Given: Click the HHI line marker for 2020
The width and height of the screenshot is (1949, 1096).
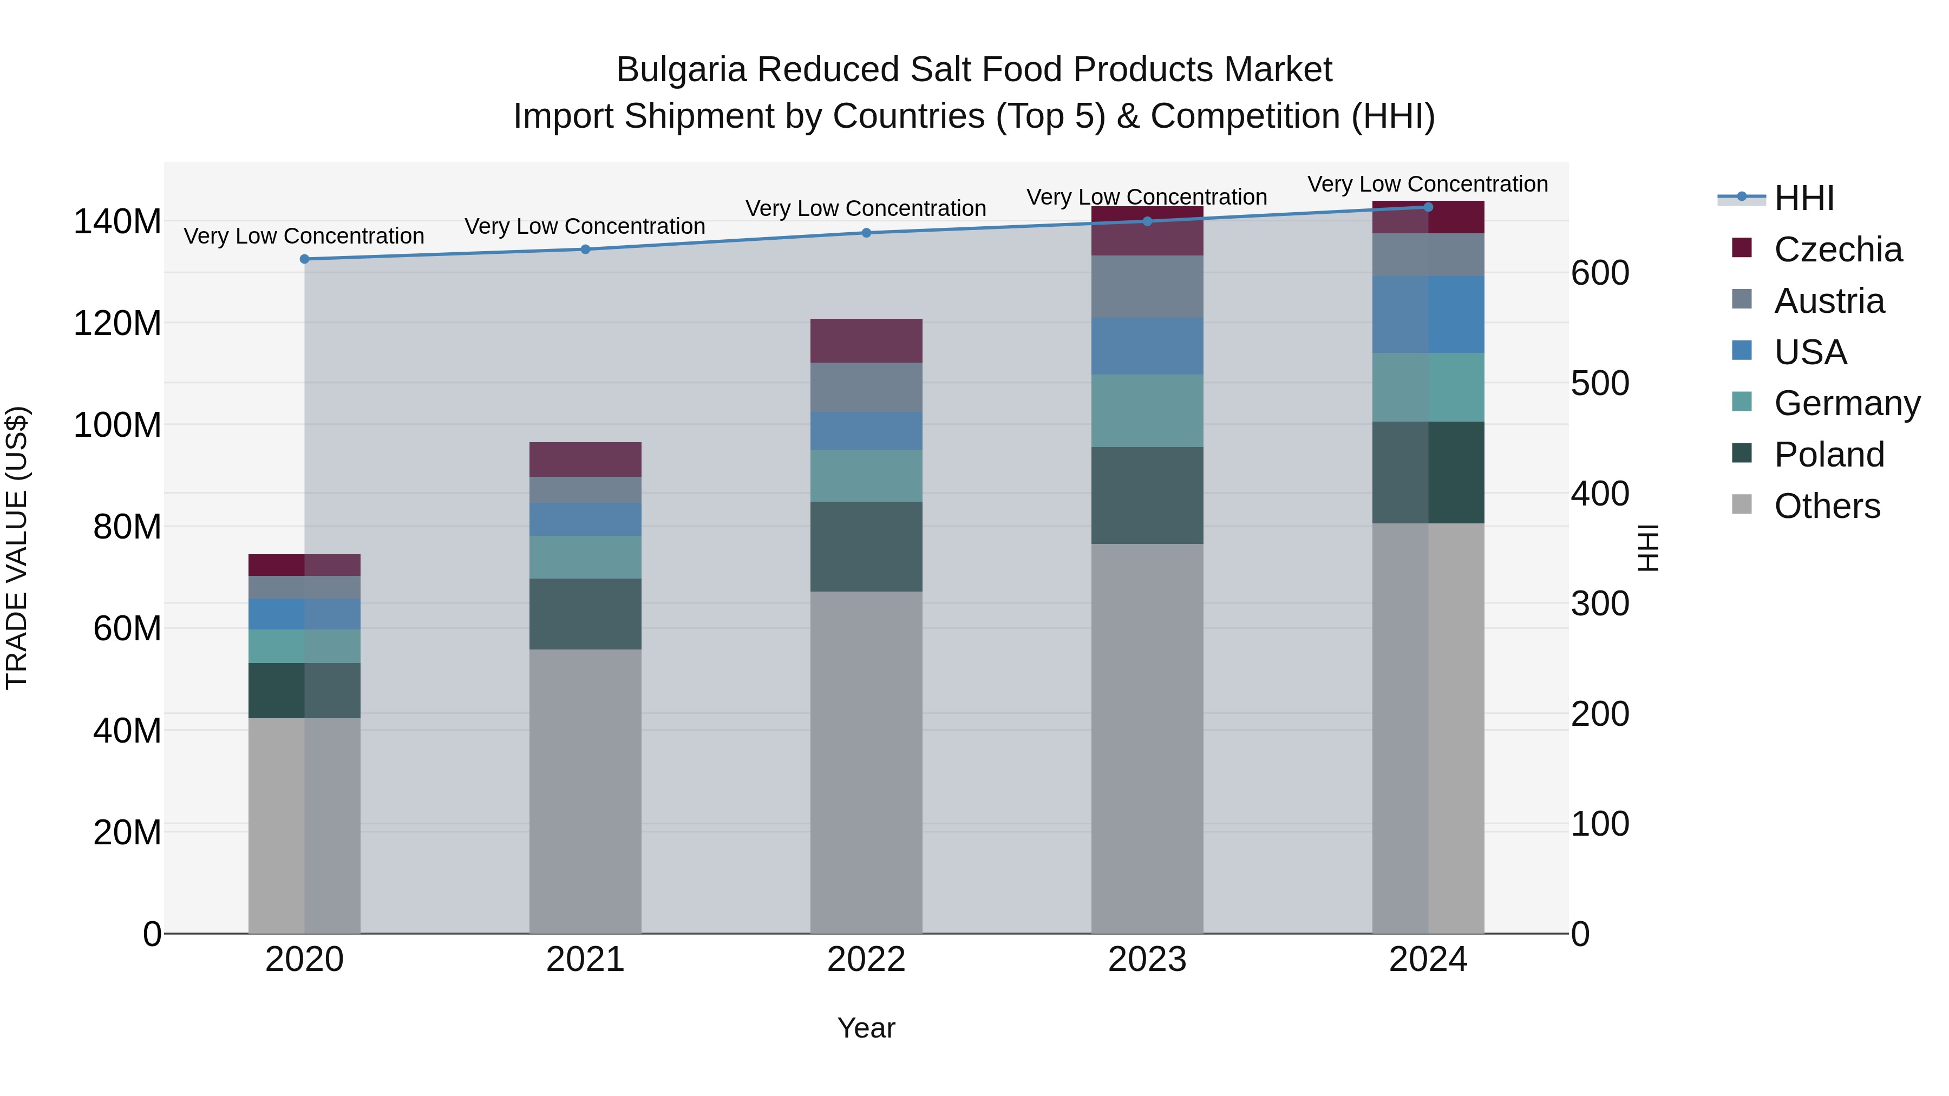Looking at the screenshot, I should pyautogui.click(x=305, y=259).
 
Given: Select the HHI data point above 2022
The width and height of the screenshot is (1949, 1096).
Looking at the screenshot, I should pyautogui.click(x=866, y=233).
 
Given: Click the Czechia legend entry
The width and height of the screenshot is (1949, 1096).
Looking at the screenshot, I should pyautogui.click(x=1838, y=250).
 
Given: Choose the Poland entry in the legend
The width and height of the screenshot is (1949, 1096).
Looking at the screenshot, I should pyautogui.click(x=1829, y=455).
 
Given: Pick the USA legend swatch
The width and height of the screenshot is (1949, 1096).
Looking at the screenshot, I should pyautogui.click(x=1742, y=351).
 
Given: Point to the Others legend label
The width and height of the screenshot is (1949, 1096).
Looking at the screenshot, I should pyautogui.click(x=1827, y=506).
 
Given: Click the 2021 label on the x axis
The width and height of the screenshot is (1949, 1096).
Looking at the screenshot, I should pyautogui.click(x=585, y=960).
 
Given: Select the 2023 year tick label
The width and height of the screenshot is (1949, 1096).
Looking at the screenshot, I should pyautogui.click(x=1147, y=960).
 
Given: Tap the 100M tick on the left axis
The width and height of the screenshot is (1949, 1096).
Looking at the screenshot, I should pyautogui.click(x=117, y=425).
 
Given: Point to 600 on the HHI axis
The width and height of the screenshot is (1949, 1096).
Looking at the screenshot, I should pyautogui.click(x=1599, y=273).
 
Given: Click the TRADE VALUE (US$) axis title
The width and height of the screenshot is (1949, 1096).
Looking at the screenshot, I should pyautogui.click(x=17, y=548).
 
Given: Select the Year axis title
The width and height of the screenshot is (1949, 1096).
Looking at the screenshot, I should pyautogui.click(x=866, y=1028).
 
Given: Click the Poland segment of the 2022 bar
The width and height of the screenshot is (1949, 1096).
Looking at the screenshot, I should pyautogui.click(x=866, y=546).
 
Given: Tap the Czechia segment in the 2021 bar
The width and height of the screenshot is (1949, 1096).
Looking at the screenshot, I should pyautogui.click(x=585, y=459).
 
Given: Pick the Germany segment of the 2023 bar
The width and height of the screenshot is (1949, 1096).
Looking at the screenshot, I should pyautogui.click(x=1147, y=411).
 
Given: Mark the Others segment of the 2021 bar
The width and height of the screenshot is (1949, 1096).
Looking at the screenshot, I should pyautogui.click(x=585, y=790).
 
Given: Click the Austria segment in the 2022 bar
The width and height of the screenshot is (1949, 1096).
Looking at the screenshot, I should pyautogui.click(x=866, y=388).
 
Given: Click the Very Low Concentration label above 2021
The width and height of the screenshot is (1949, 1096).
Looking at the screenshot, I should pyautogui.click(x=585, y=226).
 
